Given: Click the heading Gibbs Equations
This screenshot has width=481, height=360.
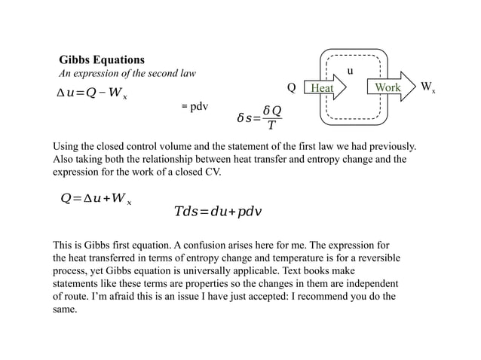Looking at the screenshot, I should [x=102, y=59].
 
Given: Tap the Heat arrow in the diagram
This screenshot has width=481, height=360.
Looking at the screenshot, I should [x=325, y=88].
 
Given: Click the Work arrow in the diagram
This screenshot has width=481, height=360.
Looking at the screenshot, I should [x=391, y=87].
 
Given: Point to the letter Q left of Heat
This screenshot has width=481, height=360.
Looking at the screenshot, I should [x=292, y=88].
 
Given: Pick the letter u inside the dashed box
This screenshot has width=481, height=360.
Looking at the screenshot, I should [x=350, y=72].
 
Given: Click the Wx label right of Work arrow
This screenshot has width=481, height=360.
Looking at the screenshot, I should [x=428, y=88].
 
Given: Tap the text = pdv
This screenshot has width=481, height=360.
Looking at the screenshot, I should [x=195, y=106].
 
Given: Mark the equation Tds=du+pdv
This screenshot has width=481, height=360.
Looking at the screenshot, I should [x=218, y=212].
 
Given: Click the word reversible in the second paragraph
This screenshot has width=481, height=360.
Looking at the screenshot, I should [x=375, y=258].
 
